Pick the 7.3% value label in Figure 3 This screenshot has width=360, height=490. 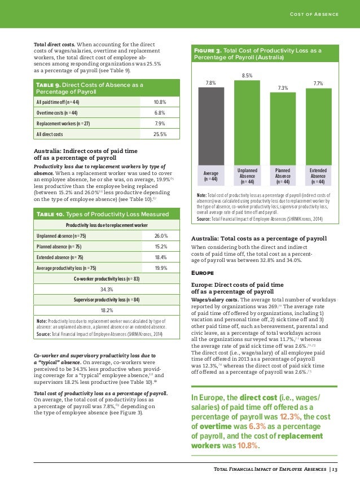283,88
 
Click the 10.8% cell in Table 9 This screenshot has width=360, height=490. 160,102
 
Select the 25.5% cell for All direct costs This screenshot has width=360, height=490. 160,134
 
